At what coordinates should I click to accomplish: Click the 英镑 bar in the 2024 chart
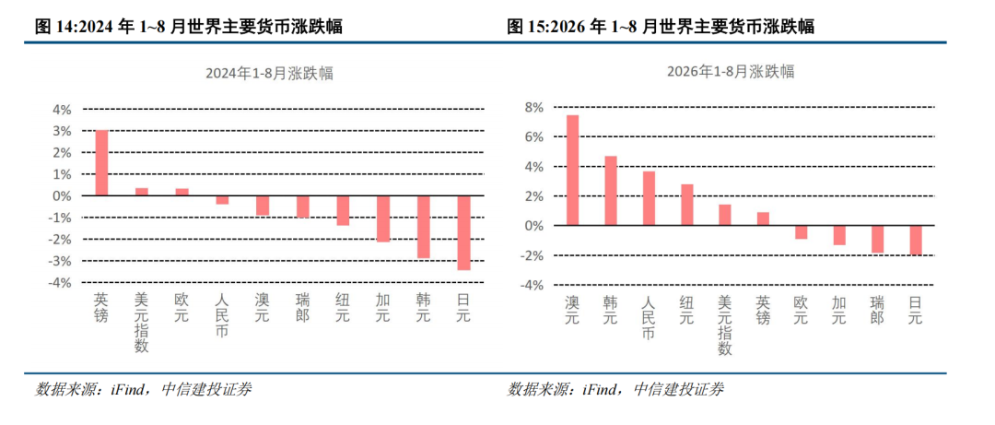click(x=101, y=162)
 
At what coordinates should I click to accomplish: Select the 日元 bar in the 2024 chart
click(x=463, y=232)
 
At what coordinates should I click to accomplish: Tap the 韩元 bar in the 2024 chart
click(x=424, y=227)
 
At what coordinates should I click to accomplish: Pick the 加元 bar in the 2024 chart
click(x=383, y=218)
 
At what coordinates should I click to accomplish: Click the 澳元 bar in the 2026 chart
click(x=572, y=171)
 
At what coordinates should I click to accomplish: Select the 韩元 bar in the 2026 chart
click(x=611, y=191)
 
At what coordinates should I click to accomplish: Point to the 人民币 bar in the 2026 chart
click(x=649, y=198)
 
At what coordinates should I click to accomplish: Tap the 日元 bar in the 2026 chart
click(x=915, y=240)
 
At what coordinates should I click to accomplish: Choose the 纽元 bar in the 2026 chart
click(x=686, y=205)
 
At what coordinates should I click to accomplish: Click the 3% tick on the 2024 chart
click(x=62, y=131)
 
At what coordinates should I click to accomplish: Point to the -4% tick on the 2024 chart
click(x=60, y=283)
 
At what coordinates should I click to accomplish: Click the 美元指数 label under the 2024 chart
click(x=142, y=322)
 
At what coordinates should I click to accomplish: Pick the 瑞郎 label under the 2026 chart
click(x=877, y=310)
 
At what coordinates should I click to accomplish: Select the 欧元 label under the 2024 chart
click(x=182, y=307)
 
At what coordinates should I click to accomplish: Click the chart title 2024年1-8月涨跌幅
click(x=270, y=73)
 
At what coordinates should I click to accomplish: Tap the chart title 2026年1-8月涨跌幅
click(x=731, y=71)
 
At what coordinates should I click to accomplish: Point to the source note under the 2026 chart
click(x=615, y=389)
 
